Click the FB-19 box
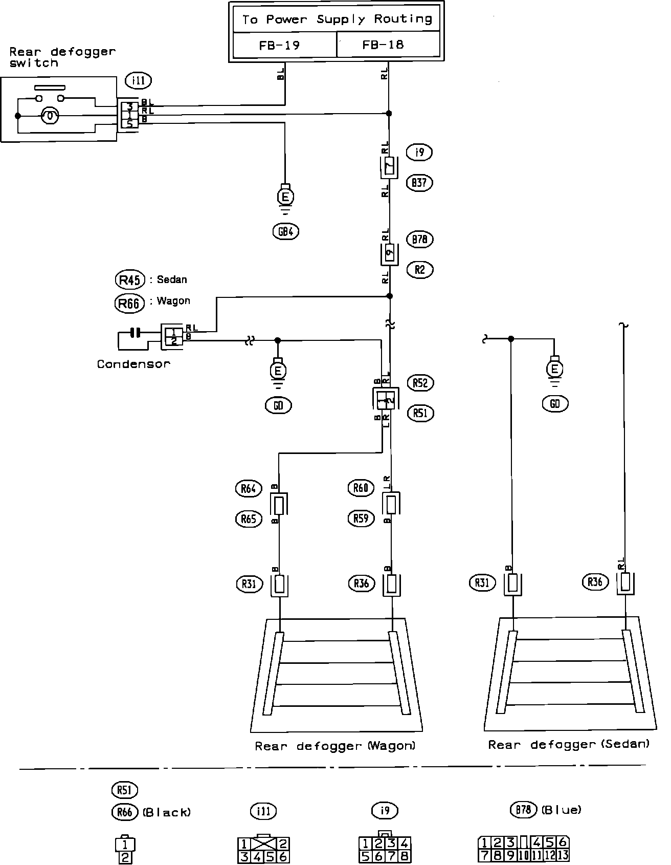point(284,45)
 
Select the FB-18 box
point(388,45)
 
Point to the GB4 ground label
point(285,231)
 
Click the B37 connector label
point(419,183)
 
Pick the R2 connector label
point(420,270)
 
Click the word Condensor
point(133,364)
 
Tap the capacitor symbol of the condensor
point(135,333)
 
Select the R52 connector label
point(420,383)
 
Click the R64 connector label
point(249,488)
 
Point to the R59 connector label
point(361,518)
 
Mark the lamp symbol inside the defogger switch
point(50,116)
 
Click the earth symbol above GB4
point(285,197)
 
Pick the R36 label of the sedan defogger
point(595,582)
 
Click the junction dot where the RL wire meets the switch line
point(389,113)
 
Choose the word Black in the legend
point(167,812)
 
